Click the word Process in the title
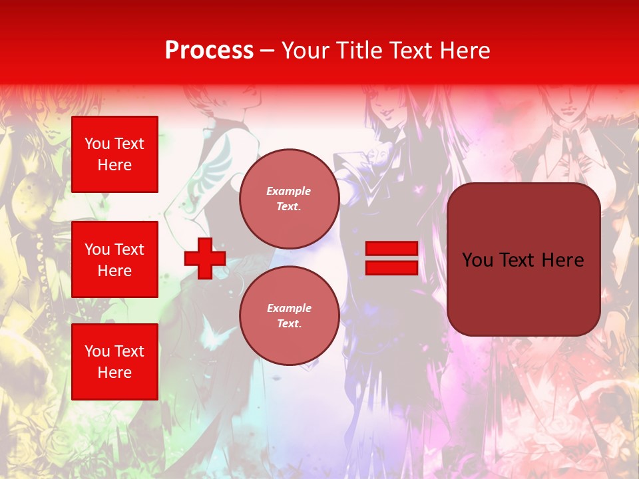(209, 51)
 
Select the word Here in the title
(465, 51)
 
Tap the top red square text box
(114, 154)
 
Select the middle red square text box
(114, 259)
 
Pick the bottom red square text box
(114, 362)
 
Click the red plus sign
(205, 258)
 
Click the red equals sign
(391, 258)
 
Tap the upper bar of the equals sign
(391, 249)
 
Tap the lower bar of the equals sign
(391, 267)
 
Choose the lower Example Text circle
(289, 315)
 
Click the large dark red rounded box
(523, 259)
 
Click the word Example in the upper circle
(289, 191)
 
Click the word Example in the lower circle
(289, 308)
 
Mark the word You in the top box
(97, 144)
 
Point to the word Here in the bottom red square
(114, 373)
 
